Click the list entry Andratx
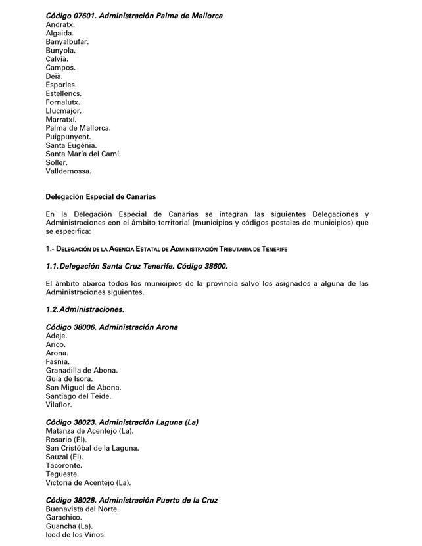tap(60, 24)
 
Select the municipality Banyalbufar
tap(67, 41)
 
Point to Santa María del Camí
tap(83, 154)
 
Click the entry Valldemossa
tap(68, 171)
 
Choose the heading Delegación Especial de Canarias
tap(101, 197)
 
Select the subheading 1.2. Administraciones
tap(85, 309)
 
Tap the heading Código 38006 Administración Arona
tap(112, 327)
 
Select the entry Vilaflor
tap(59, 405)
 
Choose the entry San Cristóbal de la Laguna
tap(92, 448)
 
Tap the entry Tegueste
tap(62, 474)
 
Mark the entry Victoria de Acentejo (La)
tap(88, 482)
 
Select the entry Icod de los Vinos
tap(76, 535)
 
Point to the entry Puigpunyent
tap(68, 137)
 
